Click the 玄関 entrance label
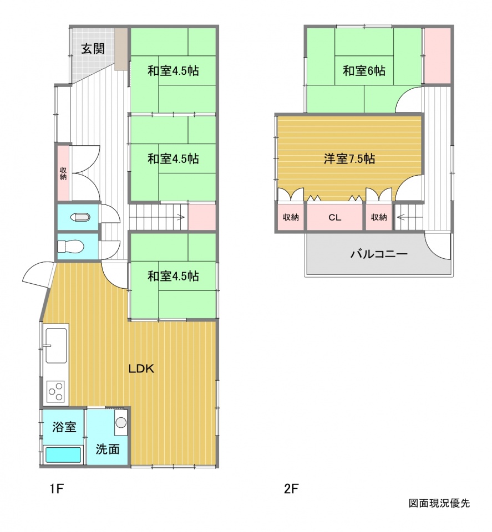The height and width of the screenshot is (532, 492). (x=93, y=49)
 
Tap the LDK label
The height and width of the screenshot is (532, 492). (x=141, y=369)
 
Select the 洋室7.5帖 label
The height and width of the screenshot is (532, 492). (x=349, y=158)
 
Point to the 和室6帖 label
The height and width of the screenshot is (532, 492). (x=364, y=70)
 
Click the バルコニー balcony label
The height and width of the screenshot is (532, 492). (x=379, y=254)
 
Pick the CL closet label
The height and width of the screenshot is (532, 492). (x=335, y=217)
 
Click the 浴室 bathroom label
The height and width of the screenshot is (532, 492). (x=64, y=427)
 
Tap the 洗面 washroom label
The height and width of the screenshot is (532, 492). (x=108, y=449)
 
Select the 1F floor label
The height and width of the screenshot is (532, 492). (x=57, y=489)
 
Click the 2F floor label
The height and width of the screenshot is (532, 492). (x=291, y=489)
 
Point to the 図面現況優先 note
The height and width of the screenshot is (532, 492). (x=439, y=503)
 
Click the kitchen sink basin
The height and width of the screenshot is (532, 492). (x=57, y=345)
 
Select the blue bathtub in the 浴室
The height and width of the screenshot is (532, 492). (x=63, y=454)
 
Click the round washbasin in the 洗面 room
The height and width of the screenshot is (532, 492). (x=121, y=422)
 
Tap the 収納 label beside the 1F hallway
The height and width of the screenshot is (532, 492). (x=63, y=173)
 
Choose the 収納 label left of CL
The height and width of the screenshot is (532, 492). (x=291, y=217)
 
